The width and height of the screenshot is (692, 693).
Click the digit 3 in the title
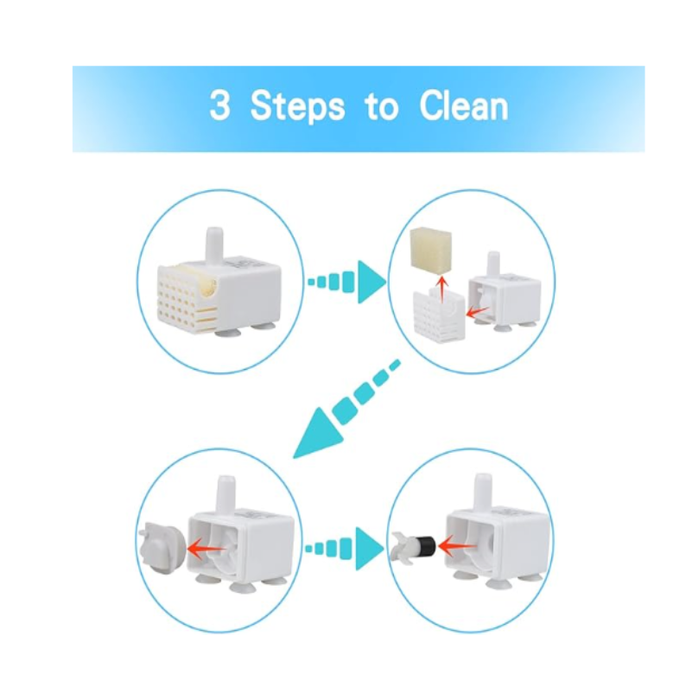click(x=219, y=105)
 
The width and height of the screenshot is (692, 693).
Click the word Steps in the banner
click(x=297, y=106)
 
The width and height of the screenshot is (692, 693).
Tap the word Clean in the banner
click(x=464, y=105)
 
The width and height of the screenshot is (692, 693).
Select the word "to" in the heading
click(x=382, y=107)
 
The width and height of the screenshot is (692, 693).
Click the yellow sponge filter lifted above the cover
click(x=431, y=248)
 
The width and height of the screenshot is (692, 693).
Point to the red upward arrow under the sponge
click(x=441, y=289)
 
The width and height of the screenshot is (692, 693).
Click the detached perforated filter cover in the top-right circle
click(x=439, y=315)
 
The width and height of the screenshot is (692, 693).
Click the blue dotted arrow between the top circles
click(x=347, y=282)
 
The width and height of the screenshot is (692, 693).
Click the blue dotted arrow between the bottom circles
click(x=345, y=549)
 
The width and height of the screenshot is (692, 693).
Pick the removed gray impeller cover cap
click(x=160, y=547)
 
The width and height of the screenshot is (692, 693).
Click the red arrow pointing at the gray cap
click(x=206, y=549)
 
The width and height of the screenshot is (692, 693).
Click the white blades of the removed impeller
click(x=401, y=548)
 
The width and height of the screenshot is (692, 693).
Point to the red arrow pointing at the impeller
click(x=457, y=547)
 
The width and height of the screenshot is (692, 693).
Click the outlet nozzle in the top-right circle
click(x=492, y=264)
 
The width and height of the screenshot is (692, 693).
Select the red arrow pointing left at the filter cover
click(x=477, y=313)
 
